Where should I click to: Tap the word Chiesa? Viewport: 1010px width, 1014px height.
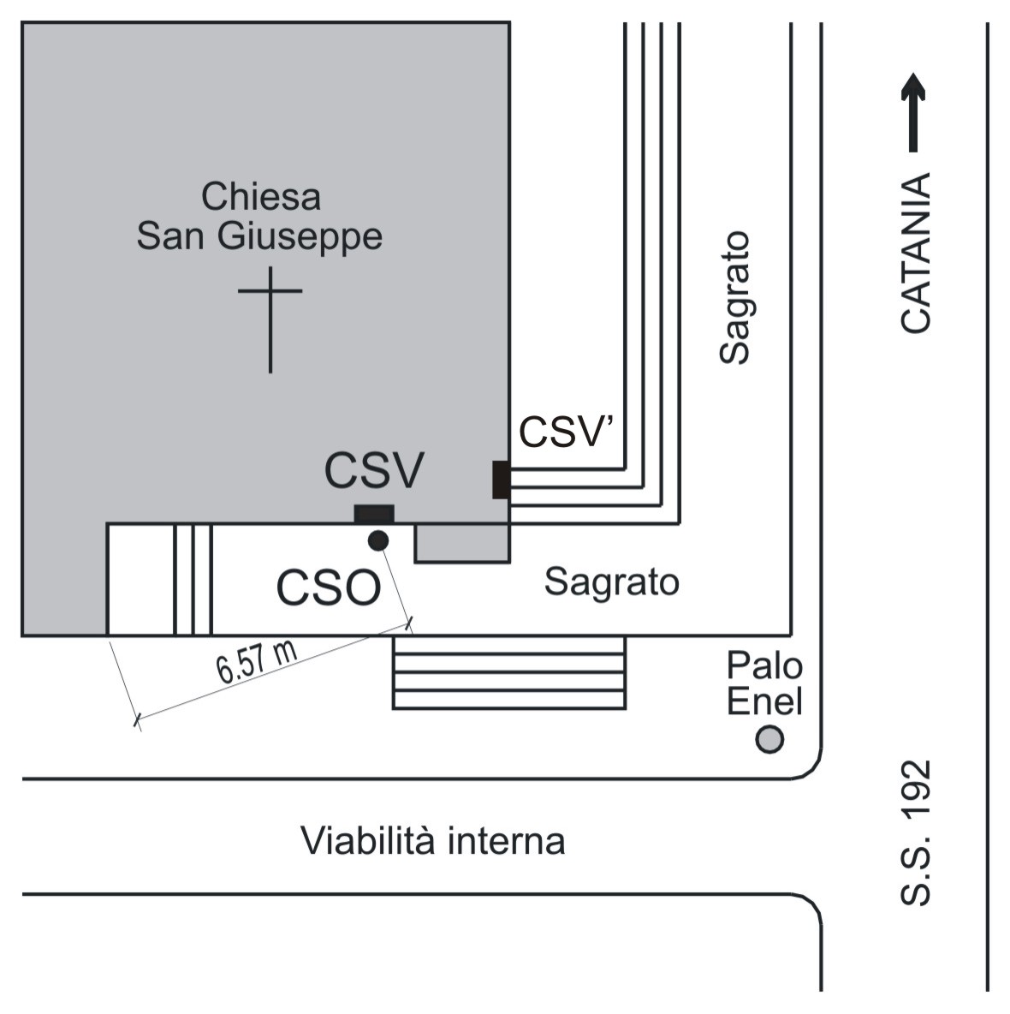pyautogui.click(x=261, y=197)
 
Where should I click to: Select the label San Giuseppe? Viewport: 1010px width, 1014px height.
pyautogui.click(x=259, y=236)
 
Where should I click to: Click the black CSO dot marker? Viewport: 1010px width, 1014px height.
pyautogui.click(x=377, y=540)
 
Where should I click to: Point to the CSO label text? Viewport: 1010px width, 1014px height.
pyautogui.click(x=328, y=588)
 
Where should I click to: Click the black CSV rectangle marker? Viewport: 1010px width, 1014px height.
pyautogui.click(x=374, y=514)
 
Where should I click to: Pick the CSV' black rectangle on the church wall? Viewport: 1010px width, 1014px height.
pyautogui.click(x=501, y=480)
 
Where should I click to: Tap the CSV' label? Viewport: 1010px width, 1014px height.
pyautogui.click(x=567, y=432)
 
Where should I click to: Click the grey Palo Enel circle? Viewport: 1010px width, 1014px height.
pyautogui.click(x=769, y=739)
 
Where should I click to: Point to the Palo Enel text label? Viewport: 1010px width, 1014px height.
pyautogui.click(x=764, y=683)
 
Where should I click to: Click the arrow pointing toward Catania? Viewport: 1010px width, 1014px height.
pyautogui.click(x=913, y=111)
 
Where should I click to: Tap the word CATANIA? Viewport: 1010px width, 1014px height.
pyautogui.click(x=915, y=253)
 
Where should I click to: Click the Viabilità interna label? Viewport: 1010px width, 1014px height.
pyautogui.click(x=432, y=840)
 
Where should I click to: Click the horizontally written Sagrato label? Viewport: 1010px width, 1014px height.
pyautogui.click(x=611, y=582)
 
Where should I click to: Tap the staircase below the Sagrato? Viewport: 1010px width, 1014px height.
pyautogui.click(x=509, y=672)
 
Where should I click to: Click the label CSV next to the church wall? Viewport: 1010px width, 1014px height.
pyautogui.click(x=374, y=470)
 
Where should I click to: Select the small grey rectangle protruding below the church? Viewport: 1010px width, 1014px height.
pyautogui.click(x=462, y=543)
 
